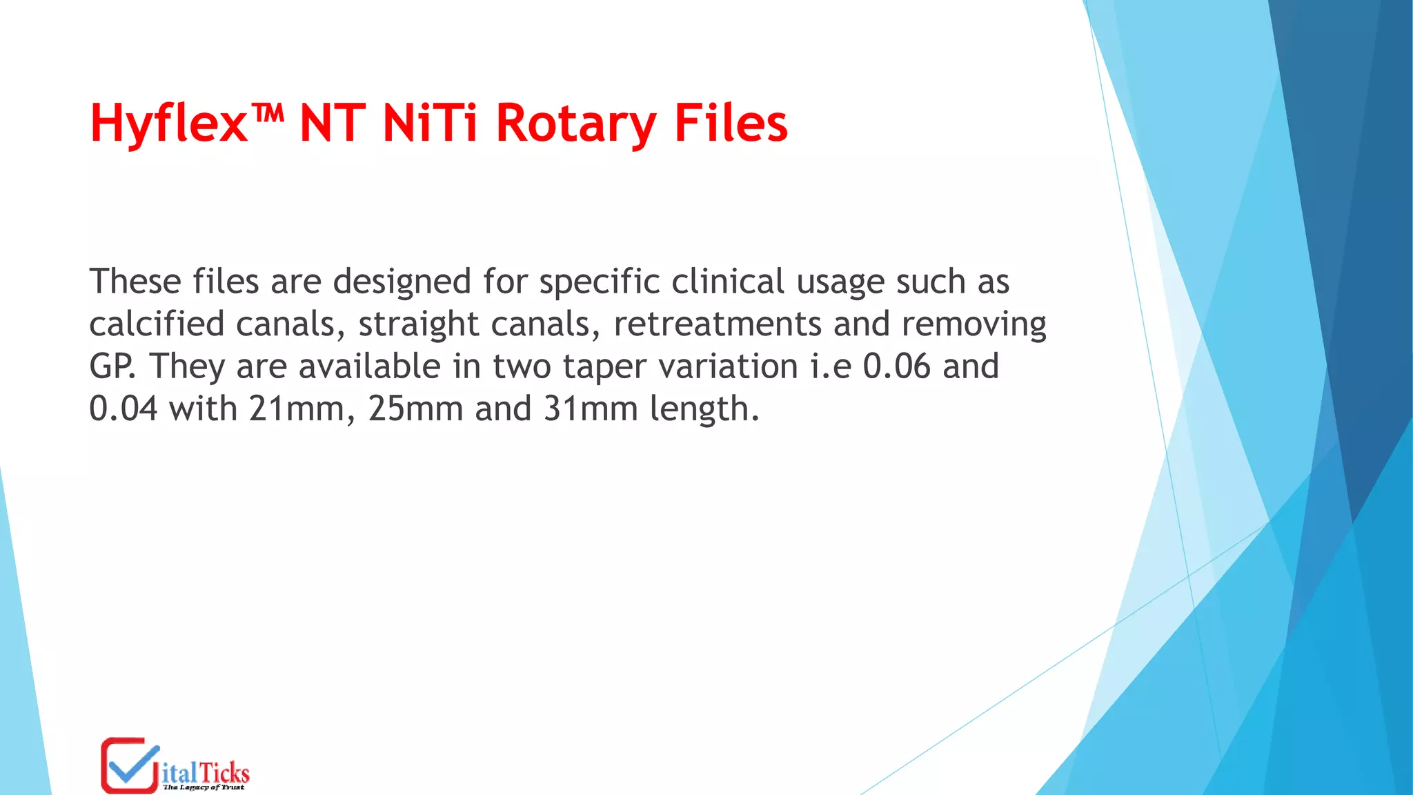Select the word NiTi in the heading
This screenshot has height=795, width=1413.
429,123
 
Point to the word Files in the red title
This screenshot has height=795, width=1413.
731,123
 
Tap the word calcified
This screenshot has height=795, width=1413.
157,324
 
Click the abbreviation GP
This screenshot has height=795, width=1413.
112,366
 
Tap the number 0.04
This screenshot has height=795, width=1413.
123,409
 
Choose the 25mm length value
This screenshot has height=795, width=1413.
415,409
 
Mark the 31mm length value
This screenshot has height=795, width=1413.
591,409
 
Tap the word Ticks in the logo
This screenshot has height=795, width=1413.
225,773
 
